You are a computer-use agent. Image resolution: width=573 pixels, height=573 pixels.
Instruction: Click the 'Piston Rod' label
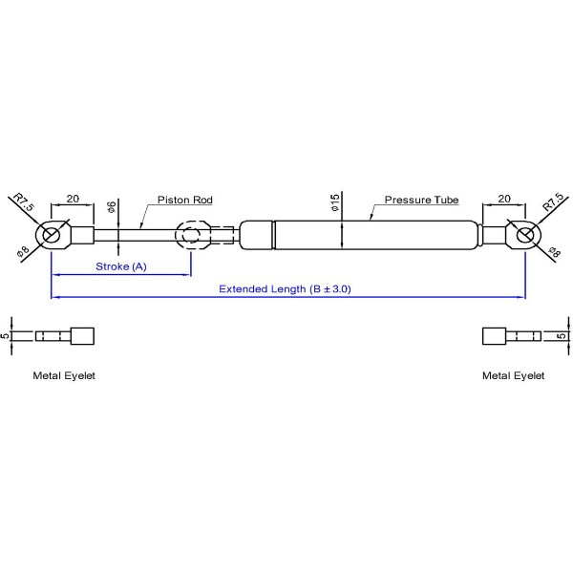184,201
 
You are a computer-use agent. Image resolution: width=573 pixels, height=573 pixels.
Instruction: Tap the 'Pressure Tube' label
421,201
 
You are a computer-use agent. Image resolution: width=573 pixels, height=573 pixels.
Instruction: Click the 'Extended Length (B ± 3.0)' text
285,288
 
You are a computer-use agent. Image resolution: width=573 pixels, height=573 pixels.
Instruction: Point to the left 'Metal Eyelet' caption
64,375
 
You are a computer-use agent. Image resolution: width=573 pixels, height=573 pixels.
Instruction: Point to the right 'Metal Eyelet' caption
513,375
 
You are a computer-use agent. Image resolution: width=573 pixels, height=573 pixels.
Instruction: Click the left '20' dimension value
72,200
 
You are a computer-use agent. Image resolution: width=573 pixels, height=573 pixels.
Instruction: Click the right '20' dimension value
503,200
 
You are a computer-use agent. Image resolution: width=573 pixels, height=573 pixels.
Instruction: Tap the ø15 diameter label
335,203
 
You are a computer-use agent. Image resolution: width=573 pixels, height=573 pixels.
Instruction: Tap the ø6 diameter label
112,207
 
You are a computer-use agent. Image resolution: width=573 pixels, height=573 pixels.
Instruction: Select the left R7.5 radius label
24,203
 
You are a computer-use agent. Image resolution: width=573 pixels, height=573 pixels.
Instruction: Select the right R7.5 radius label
551,203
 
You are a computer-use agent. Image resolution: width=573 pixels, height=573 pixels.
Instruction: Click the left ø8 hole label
23,252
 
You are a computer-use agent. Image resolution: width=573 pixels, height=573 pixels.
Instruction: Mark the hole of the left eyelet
52,234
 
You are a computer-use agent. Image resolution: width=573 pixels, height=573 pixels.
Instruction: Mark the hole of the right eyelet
523,234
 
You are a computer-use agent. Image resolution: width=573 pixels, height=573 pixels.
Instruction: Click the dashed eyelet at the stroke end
192,234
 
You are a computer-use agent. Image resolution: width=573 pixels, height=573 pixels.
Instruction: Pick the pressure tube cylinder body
372,235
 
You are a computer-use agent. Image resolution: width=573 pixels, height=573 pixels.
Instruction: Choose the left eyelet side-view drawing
65,336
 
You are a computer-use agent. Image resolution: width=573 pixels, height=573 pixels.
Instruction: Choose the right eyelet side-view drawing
510,336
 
